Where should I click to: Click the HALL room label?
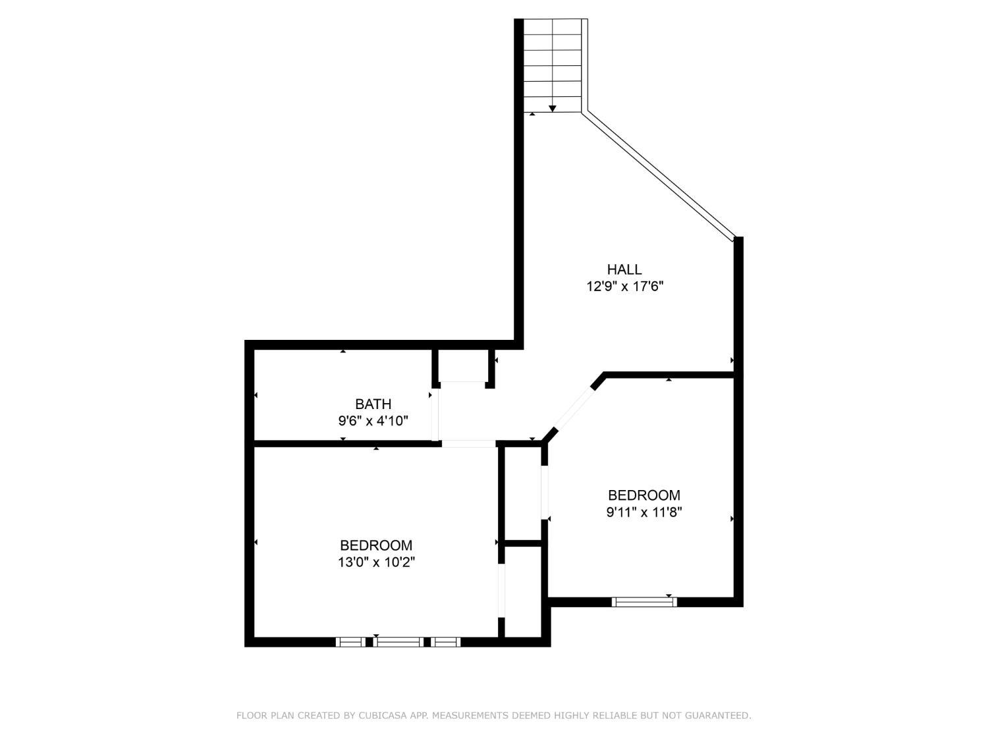[624, 269]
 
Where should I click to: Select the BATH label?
[373, 404]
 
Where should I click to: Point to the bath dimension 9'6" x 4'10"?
[373, 420]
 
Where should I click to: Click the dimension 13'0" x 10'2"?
[376, 563]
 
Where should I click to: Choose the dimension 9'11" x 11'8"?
[644, 512]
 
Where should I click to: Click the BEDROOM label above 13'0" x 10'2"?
[376, 545]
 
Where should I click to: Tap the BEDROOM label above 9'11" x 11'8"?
[644, 495]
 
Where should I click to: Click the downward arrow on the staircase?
[552, 107]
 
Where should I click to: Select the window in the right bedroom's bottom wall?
[644, 601]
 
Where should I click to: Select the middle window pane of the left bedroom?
[398, 642]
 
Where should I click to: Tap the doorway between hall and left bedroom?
[468, 444]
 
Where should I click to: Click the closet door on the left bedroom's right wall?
[501, 590]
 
